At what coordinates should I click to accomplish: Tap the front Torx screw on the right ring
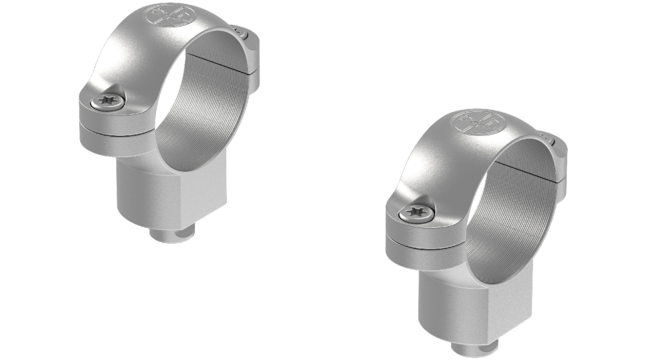[414, 212]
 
